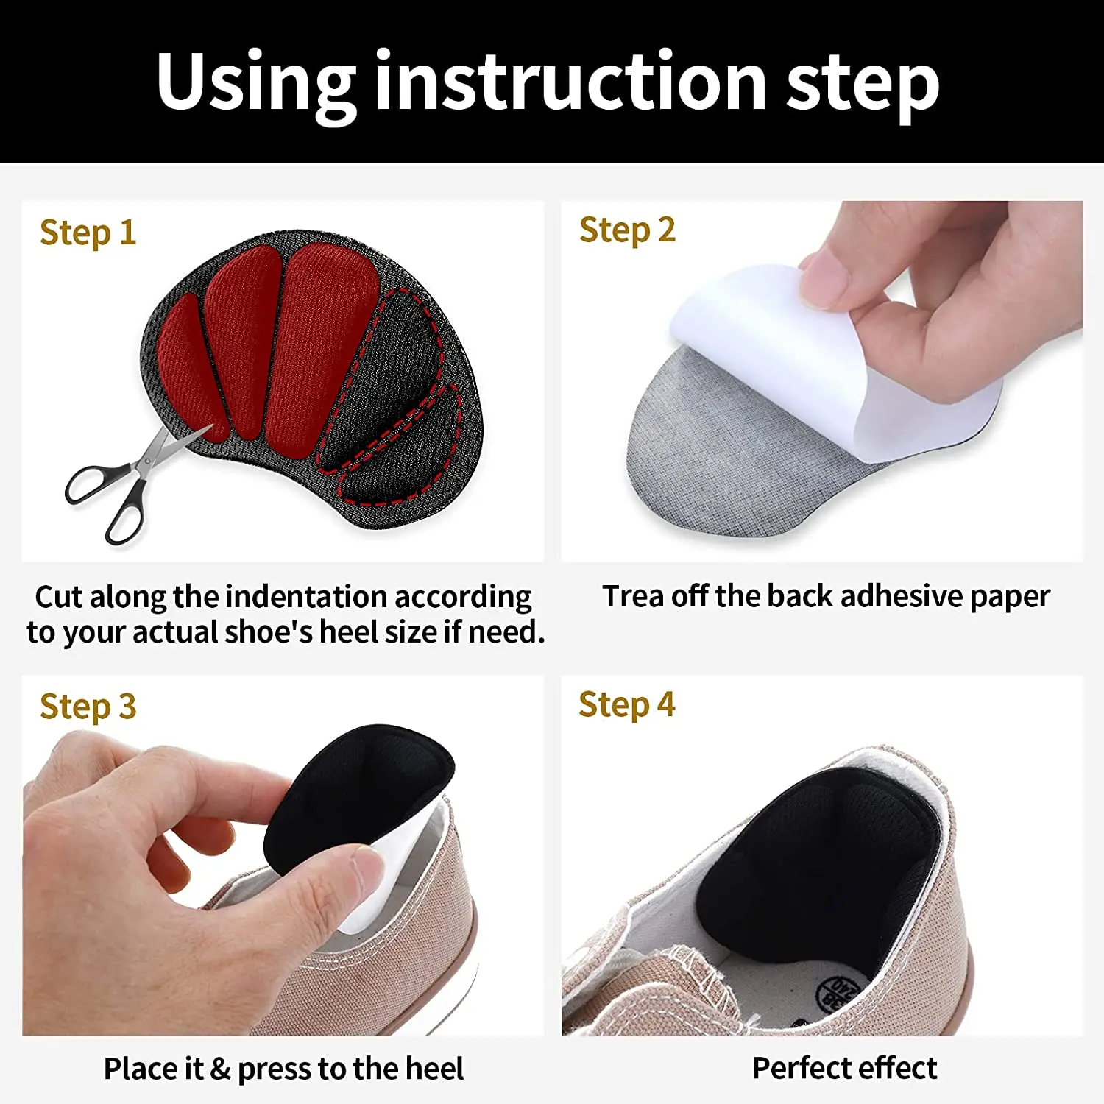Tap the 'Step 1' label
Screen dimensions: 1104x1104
(88, 233)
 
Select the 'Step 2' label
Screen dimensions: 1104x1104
(627, 230)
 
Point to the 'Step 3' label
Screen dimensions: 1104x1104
(88, 707)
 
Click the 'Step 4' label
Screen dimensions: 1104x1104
(626, 704)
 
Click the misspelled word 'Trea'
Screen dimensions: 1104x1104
(633, 596)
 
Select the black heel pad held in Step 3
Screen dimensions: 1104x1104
(361, 788)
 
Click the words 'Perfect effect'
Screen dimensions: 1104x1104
(844, 1068)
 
